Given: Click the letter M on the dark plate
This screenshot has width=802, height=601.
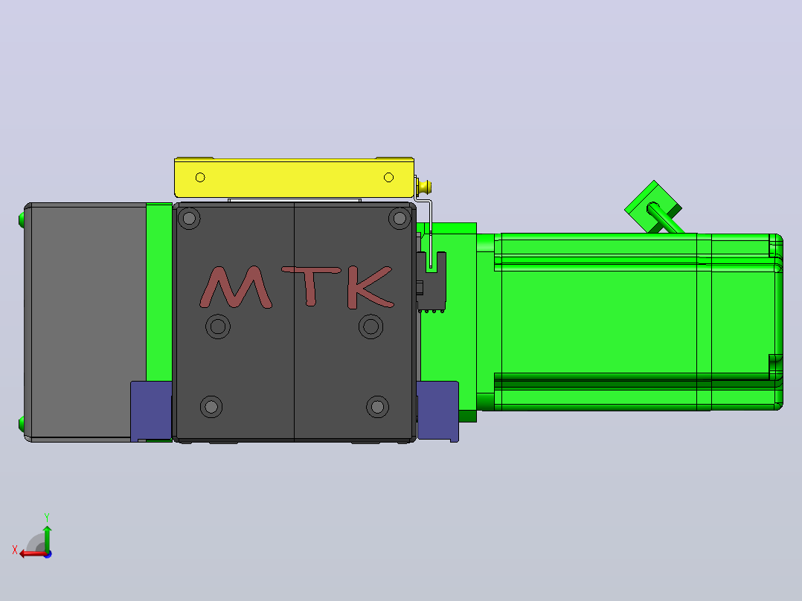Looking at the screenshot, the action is point(235,287).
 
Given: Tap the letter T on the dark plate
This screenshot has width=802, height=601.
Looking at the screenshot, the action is point(311,286).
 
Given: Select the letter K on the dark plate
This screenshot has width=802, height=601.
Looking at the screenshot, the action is point(369,287).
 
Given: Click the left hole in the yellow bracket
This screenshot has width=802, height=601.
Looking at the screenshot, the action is point(200,178).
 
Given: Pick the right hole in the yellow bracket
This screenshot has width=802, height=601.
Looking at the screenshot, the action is point(388,178).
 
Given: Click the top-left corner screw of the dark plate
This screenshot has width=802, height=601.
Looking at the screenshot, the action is point(189,219).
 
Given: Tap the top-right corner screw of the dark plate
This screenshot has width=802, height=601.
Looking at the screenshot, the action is point(400,219).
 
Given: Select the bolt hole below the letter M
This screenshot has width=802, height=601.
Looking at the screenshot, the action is point(218,327).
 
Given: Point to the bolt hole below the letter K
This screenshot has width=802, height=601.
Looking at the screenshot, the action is point(370,327).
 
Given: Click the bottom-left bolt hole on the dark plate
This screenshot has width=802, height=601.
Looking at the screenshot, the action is point(211,407).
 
